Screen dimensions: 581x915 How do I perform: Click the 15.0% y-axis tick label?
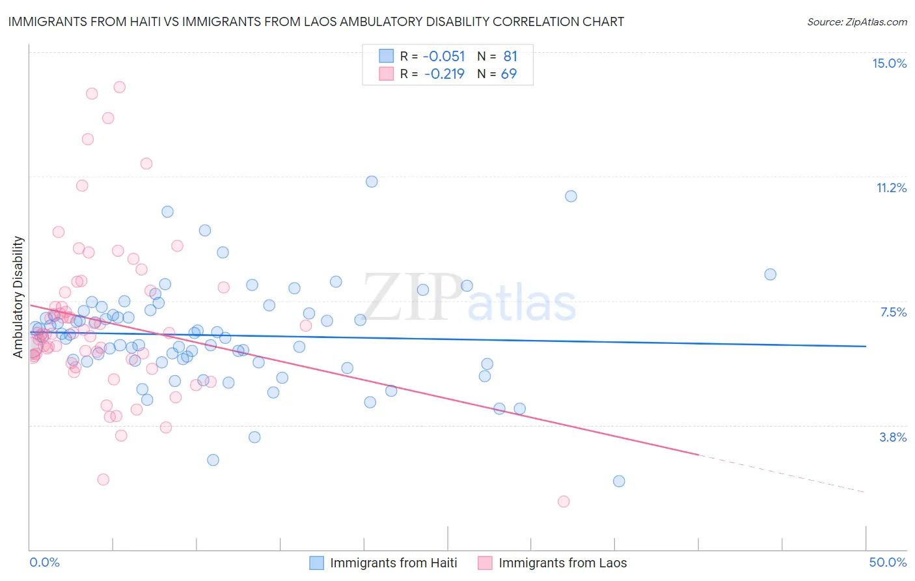(889, 63)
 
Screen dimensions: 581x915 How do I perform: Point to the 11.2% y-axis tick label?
(891, 188)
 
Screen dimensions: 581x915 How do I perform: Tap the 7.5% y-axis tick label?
(893, 312)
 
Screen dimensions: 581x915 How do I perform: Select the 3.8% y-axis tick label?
(893, 437)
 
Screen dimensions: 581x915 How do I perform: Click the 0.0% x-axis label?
(44, 562)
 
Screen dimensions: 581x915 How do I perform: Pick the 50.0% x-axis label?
(888, 562)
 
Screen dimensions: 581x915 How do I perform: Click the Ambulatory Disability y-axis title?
(18, 296)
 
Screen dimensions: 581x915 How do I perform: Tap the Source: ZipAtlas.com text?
(856, 21)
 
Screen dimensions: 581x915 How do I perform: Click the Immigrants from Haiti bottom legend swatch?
(317, 563)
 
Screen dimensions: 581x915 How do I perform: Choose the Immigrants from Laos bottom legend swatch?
(485, 563)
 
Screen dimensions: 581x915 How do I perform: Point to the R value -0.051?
(444, 56)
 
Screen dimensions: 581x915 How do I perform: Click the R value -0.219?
(444, 74)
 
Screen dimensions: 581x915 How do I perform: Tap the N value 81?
(510, 56)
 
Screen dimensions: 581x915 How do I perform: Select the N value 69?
(508, 74)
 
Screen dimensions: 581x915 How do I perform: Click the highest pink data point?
(119, 87)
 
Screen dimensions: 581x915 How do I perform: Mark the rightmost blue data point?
(770, 274)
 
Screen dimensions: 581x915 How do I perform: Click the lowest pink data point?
(564, 502)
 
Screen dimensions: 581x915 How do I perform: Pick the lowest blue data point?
(619, 481)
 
